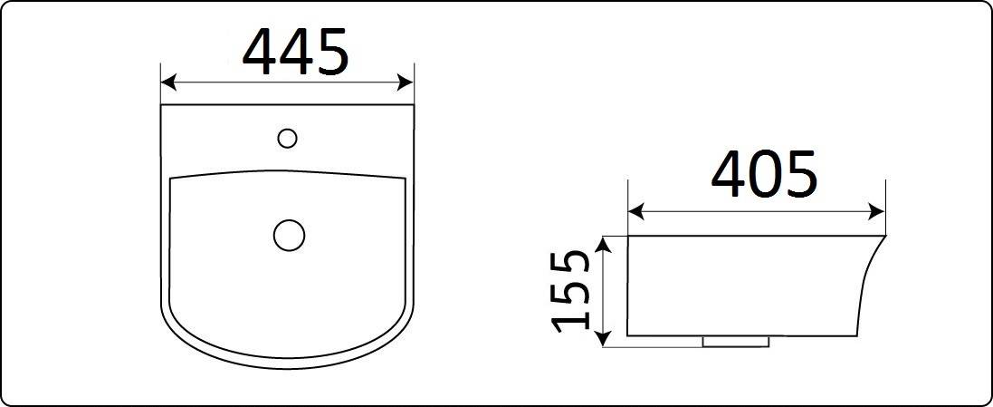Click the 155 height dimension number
pos(573,290)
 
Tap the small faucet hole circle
pos(287,139)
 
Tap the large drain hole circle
pos(289,235)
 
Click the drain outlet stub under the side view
pos(735,342)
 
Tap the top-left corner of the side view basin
pos(628,237)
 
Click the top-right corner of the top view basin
pos(414,105)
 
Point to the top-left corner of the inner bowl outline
pos(171,179)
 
